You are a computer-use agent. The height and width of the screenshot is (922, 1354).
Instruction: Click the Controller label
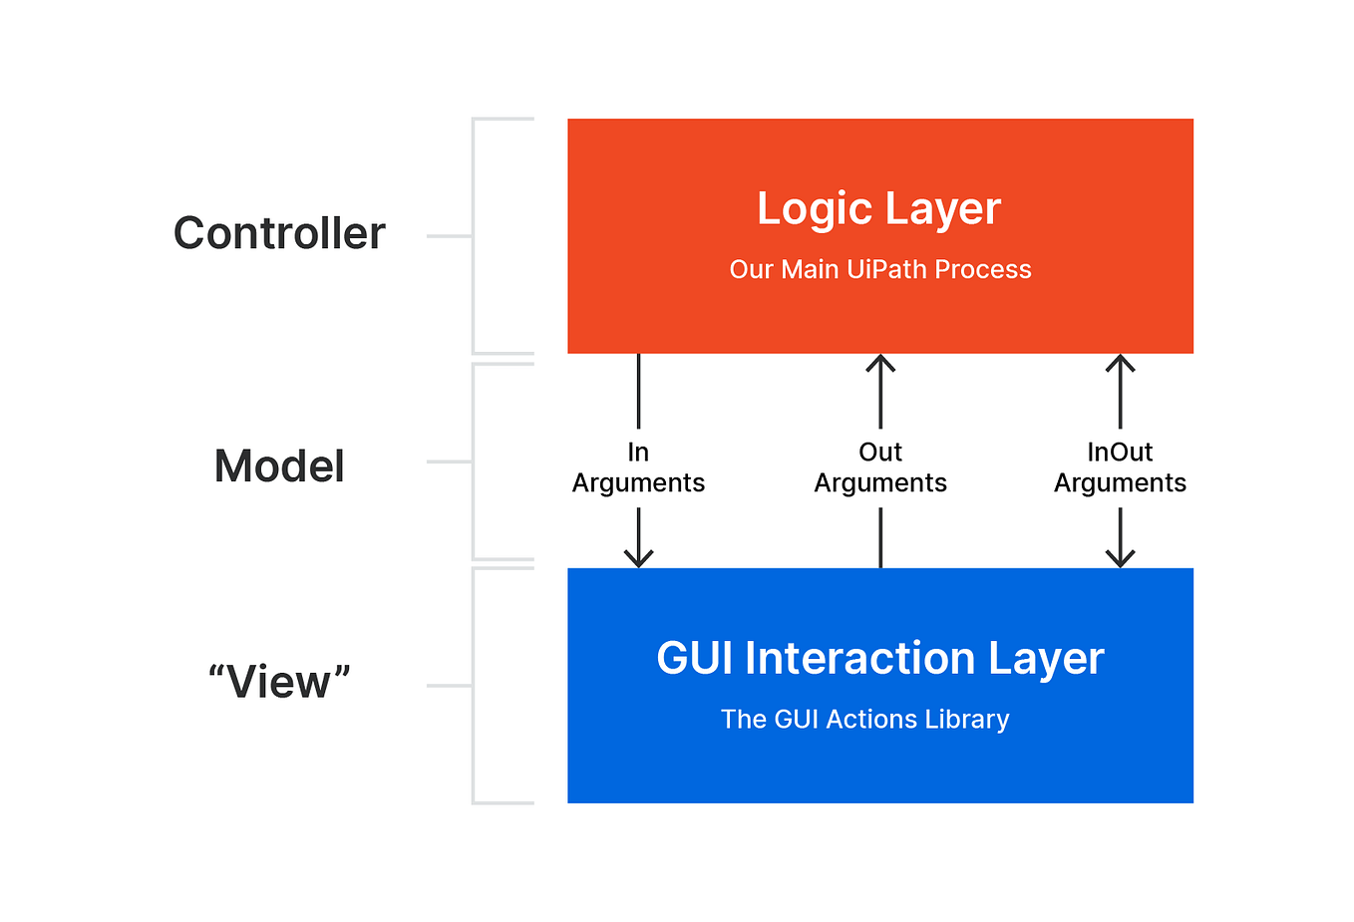click(x=279, y=233)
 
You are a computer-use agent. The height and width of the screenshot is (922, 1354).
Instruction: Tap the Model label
click(x=279, y=465)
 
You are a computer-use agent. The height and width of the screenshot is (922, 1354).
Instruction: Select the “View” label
click(x=279, y=681)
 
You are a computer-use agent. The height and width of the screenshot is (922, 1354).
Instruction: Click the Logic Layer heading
click(x=879, y=209)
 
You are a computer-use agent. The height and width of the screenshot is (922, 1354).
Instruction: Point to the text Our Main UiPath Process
click(x=880, y=269)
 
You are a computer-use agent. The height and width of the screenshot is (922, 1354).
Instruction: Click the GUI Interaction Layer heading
click(x=880, y=659)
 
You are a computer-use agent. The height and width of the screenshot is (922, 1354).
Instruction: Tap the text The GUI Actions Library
click(x=865, y=720)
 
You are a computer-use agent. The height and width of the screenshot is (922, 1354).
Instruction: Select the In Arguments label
click(x=638, y=467)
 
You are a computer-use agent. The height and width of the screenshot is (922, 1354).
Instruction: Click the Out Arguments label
click(x=880, y=467)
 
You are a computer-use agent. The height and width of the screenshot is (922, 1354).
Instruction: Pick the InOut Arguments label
click(x=1120, y=467)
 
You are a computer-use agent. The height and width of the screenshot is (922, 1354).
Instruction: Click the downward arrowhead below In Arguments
click(x=638, y=558)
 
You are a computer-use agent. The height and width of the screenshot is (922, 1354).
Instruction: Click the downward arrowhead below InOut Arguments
click(x=1120, y=558)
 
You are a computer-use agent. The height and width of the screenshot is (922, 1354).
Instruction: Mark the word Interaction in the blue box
click(x=859, y=658)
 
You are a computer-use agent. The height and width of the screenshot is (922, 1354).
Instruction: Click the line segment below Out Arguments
click(x=880, y=537)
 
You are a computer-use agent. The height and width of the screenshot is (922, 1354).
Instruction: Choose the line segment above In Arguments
click(x=638, y=391)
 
